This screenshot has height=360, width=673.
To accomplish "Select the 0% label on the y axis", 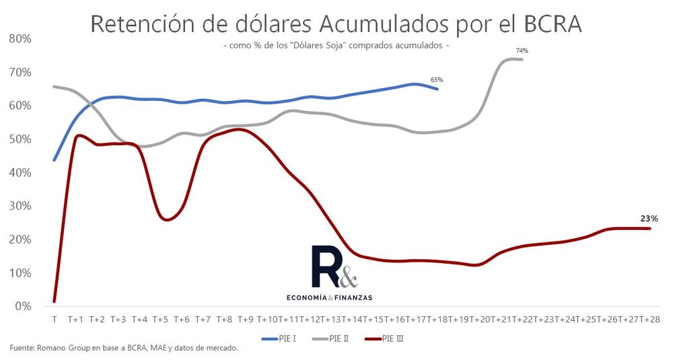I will coord(24,306).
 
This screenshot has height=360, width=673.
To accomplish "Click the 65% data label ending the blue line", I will coord(437,80).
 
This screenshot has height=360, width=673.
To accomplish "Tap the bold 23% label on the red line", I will coord(649,219).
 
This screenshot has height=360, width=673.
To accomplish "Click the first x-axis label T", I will coord(54,318).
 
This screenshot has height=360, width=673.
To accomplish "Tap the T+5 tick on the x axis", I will coord(160,318).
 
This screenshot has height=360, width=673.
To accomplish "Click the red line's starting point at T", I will coord(54,301).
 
